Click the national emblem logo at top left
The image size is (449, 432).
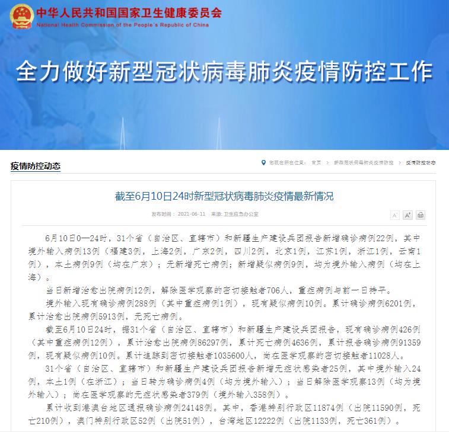click(20, 16)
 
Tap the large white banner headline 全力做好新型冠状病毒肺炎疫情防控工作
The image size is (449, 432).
click(224, 73)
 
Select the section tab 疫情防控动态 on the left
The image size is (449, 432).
click(36, 166)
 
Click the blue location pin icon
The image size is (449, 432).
click(263, 162)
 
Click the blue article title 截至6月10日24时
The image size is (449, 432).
click(224, 196)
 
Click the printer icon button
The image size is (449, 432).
click(421, 215)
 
